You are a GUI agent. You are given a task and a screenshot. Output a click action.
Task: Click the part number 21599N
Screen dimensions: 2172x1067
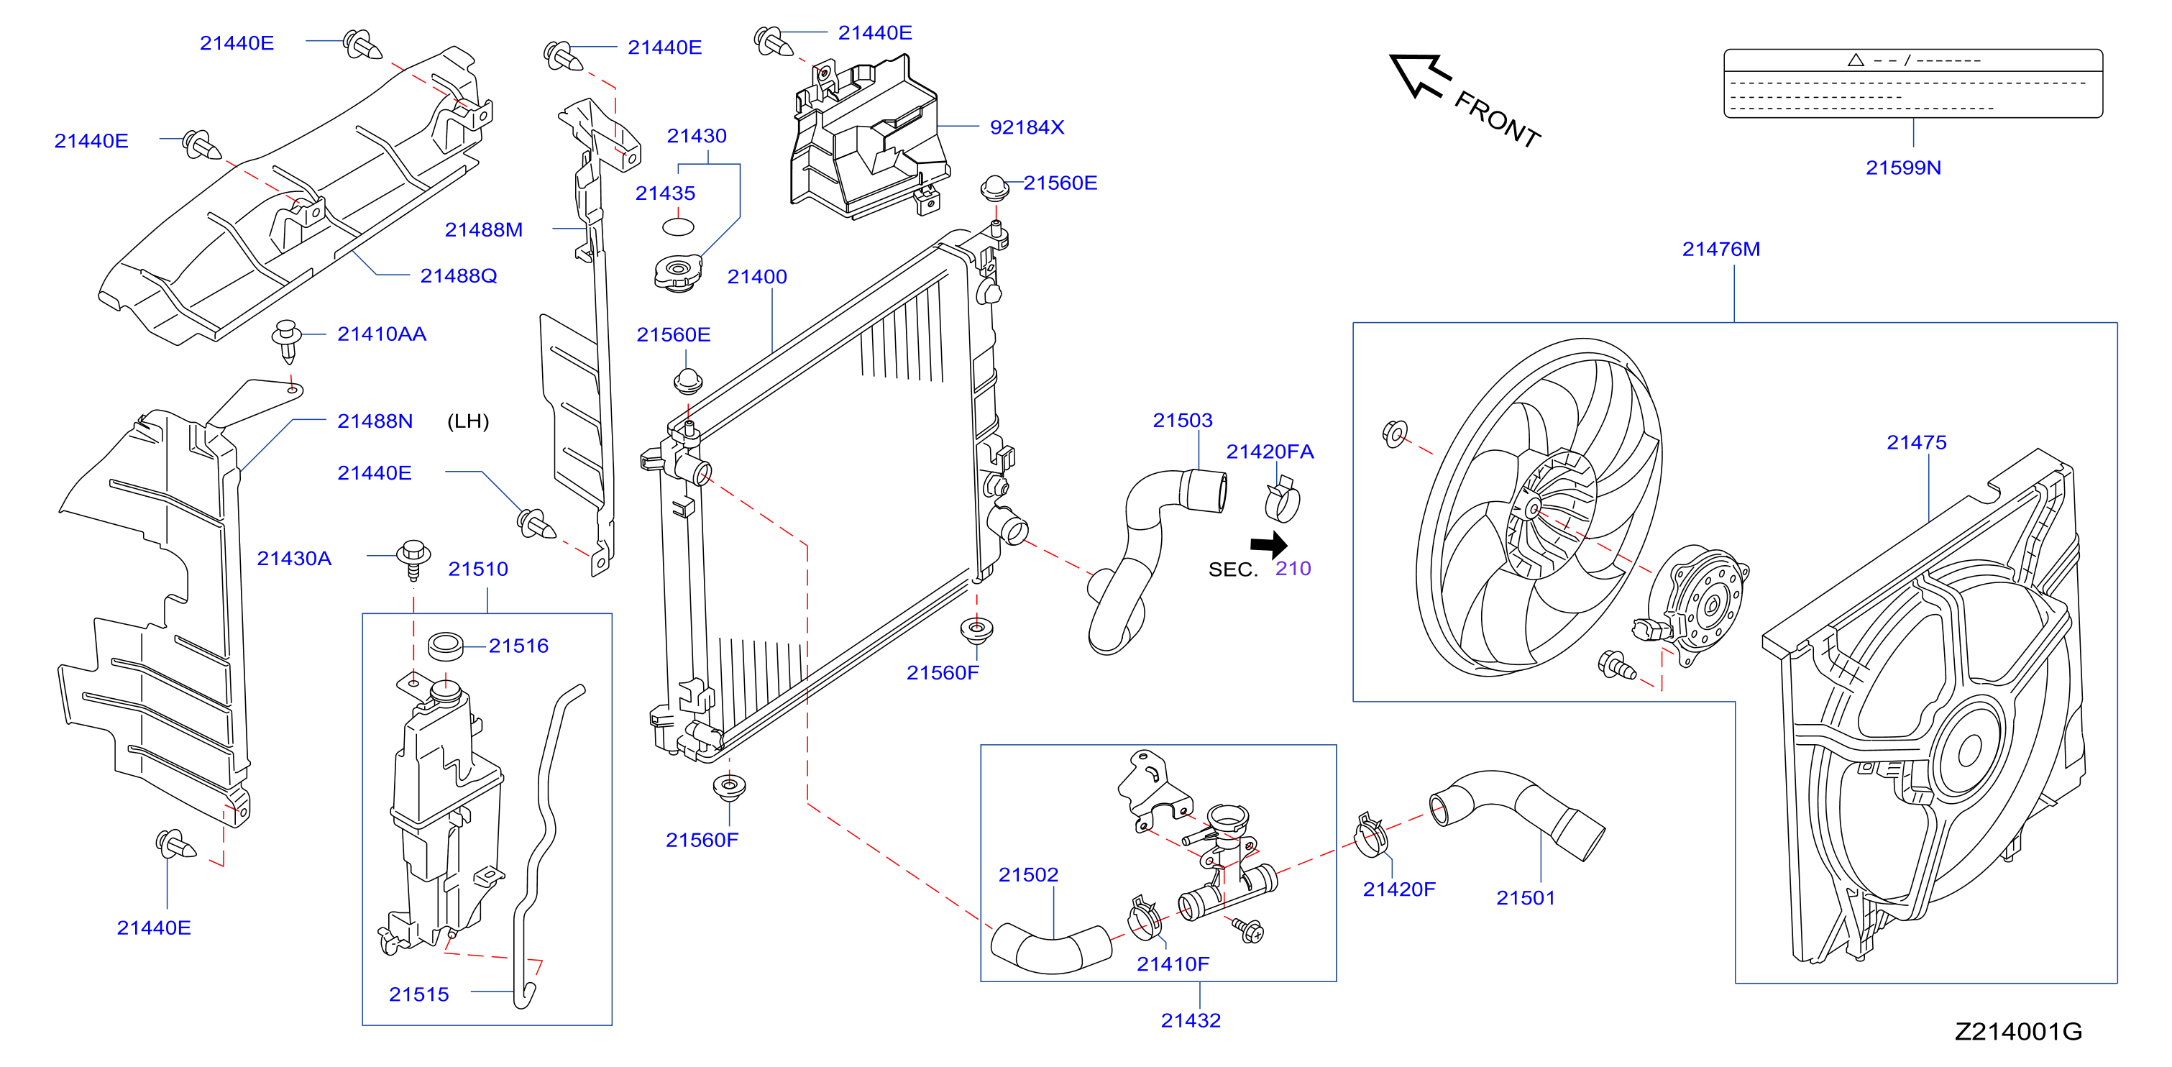[1903, 168]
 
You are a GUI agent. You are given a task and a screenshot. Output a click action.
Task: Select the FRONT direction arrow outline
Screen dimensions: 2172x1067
[1419, 75]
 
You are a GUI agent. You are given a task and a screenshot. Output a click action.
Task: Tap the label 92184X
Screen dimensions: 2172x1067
[1027, 127]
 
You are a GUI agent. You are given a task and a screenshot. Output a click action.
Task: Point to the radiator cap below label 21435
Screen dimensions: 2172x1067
[678, 273]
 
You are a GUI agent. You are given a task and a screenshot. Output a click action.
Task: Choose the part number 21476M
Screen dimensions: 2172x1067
[1721, 249]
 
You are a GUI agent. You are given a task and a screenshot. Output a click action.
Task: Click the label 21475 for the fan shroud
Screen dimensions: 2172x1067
[1917, 443]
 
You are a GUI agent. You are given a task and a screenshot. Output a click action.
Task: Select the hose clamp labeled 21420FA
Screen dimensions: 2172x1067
[1283, 499]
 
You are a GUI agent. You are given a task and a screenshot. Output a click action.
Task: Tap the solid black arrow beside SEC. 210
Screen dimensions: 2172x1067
[1270, 544]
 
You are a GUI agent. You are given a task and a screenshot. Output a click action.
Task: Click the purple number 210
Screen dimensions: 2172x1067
[1293, 569]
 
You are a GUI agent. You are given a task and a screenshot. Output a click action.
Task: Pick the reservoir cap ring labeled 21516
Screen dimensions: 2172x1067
[445, 646]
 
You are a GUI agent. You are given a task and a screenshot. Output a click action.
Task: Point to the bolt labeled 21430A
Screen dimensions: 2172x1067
[413, 559]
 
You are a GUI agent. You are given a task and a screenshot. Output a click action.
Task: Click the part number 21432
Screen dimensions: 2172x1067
[1191, 1020]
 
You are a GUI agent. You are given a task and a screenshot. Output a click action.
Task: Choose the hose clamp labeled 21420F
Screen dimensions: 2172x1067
[1372, 834]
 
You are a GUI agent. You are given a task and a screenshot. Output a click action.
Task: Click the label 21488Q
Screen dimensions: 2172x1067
[459, 276]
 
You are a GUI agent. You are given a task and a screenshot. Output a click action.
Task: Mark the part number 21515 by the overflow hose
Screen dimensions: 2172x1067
[418, 994]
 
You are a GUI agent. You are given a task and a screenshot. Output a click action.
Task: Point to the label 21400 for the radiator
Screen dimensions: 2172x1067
[757, 277]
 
